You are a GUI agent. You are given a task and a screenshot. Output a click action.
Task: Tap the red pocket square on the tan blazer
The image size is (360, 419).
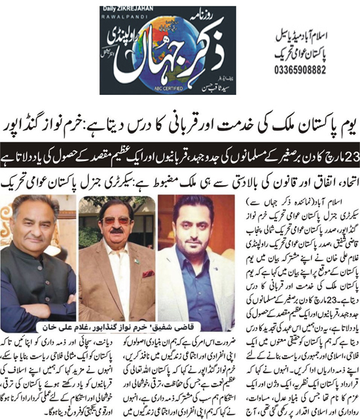(149, 274)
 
